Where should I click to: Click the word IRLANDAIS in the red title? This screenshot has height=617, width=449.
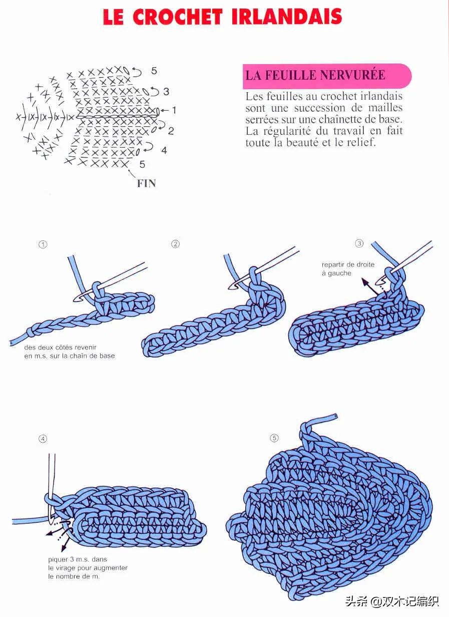287,17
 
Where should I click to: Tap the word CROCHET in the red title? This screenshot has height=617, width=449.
177,17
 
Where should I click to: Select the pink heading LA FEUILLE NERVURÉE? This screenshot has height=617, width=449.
315,75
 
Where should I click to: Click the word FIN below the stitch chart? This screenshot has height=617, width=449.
147,183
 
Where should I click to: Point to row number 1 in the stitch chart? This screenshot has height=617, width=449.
174,110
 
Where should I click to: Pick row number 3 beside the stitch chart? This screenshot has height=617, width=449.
166,92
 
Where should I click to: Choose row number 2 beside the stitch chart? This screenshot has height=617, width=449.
171,131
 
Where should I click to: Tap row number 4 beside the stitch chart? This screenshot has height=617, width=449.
164,150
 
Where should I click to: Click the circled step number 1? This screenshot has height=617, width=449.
43,244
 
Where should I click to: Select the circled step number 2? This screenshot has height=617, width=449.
175,244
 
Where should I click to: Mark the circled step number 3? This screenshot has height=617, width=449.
359,243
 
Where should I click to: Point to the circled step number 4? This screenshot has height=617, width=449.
43,439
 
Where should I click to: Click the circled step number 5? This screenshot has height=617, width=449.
274,438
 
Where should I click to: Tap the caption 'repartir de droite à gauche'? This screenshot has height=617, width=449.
348,269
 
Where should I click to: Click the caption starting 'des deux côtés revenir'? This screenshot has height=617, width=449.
70,352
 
